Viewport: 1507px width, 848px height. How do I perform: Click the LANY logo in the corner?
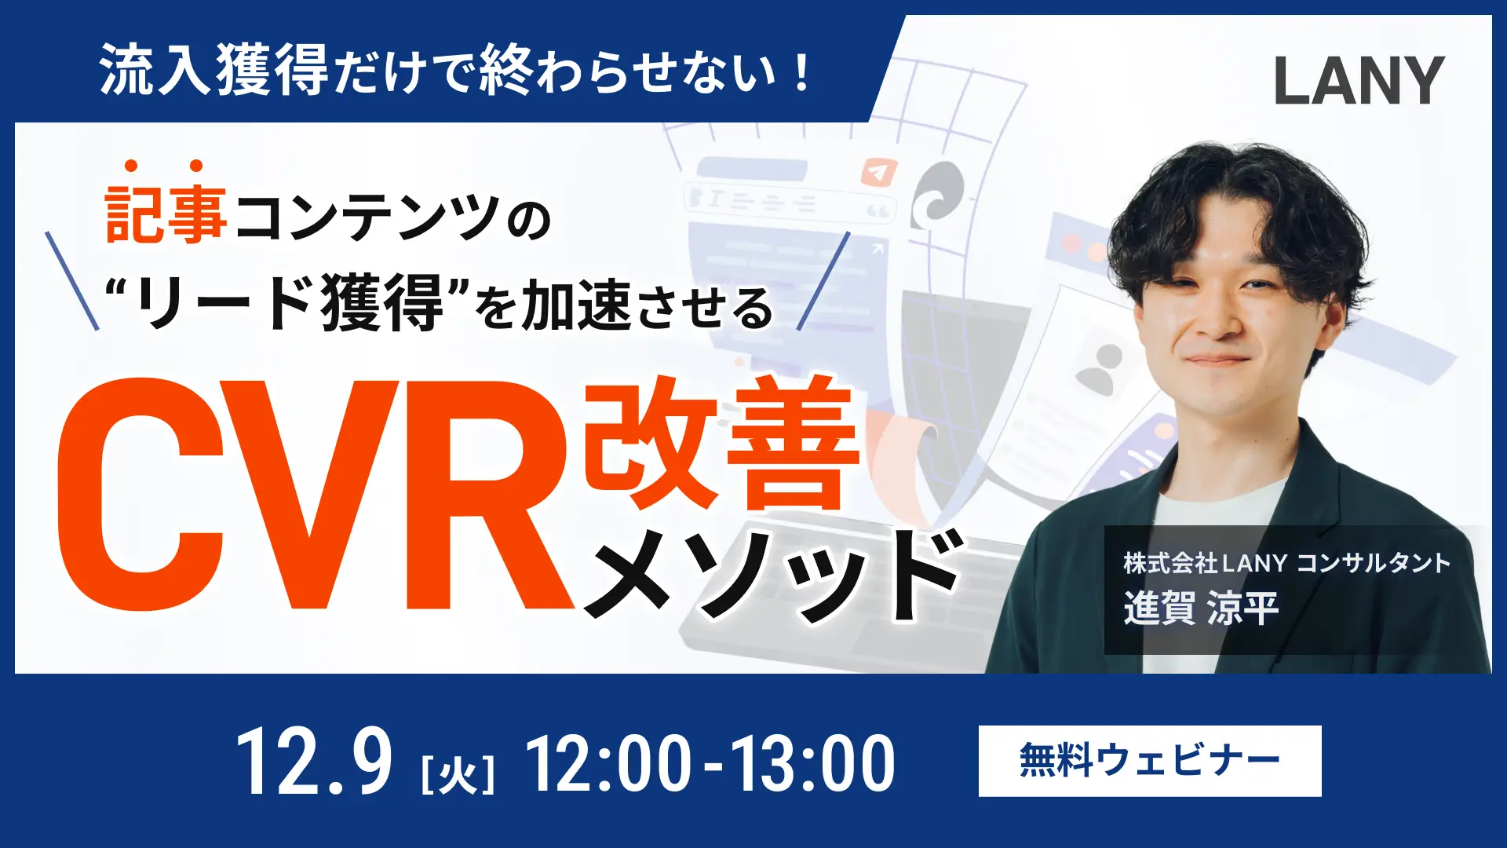(1359, 80)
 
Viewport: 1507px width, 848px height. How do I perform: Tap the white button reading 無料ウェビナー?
(1149, 761)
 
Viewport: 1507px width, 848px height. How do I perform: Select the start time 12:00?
(608, 762)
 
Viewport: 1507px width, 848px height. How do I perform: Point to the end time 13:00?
(812, 762)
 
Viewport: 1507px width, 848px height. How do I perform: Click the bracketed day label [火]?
(458, 774)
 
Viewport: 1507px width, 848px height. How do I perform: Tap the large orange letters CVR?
(314, 495)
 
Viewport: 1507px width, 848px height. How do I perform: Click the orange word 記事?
(166, 214)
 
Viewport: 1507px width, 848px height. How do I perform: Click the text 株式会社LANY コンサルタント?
(1286, 563)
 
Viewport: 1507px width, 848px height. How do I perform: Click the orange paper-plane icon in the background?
(878, 171)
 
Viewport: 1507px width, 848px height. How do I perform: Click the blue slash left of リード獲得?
(72, 280)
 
